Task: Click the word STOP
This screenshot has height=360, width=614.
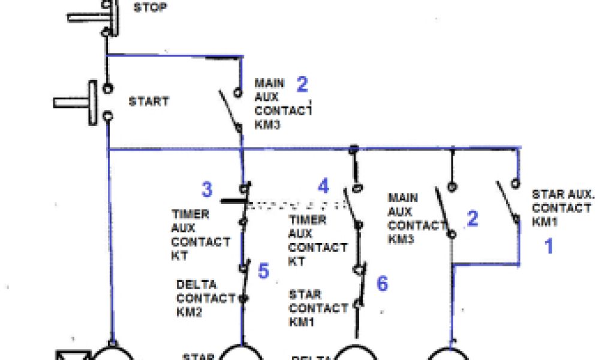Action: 151,7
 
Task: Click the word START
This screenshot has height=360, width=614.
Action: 149,101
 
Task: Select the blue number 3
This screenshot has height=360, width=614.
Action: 207,190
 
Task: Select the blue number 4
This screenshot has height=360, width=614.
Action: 323,186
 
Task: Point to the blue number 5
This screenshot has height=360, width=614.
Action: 263,271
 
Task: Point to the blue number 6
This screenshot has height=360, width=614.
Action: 382,283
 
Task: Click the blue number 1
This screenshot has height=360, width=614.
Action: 548,246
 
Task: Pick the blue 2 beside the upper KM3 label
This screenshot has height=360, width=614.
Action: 302,85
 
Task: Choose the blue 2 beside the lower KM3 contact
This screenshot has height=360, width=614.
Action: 472,219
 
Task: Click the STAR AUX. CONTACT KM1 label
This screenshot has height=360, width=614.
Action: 561,208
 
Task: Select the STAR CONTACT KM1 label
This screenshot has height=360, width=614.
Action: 318,308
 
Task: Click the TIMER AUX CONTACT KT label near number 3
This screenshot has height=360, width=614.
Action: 200,235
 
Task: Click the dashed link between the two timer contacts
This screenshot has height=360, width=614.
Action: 294,205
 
